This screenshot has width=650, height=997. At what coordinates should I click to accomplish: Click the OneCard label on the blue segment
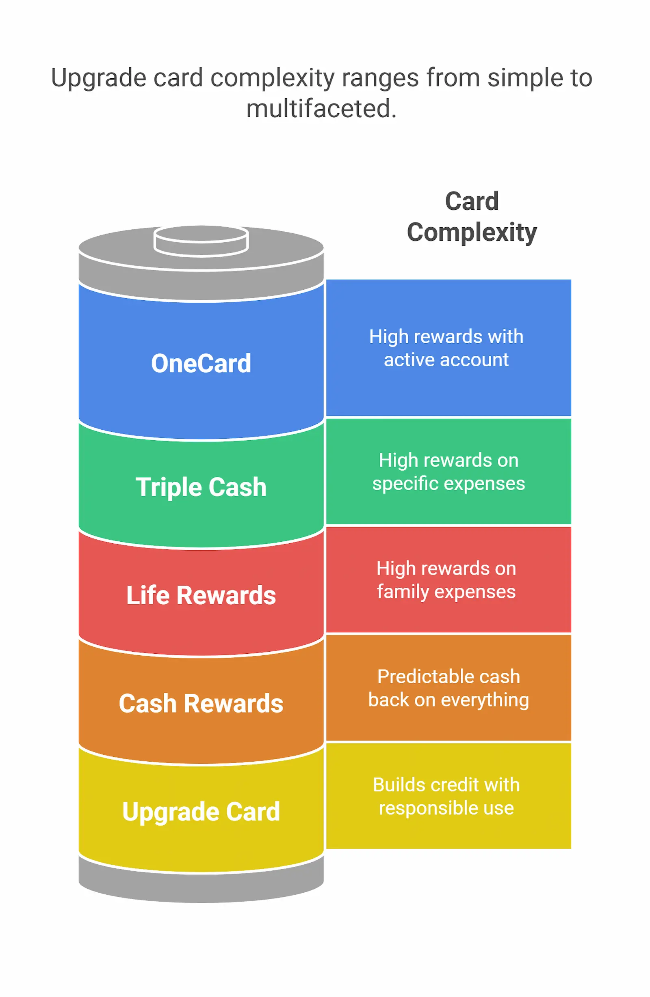pos(201,363)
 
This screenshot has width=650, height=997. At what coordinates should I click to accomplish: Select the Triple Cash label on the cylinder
pos(201,487)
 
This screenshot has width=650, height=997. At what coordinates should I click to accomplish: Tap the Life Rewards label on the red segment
pos(201,595)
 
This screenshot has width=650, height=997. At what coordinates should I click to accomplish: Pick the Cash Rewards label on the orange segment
pos(201,703)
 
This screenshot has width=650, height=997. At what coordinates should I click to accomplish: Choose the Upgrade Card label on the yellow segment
pos(201,812)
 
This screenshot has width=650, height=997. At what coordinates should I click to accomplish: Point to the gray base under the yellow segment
pos(201,886)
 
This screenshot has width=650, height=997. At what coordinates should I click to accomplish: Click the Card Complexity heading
pos(471,217)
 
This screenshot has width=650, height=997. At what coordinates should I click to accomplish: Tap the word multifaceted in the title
pos(321,108)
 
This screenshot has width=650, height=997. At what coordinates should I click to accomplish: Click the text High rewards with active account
pos(446,348)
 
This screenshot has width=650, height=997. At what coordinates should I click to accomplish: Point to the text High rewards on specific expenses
pos(448,472)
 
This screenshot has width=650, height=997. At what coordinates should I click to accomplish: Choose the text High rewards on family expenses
pos(446,580)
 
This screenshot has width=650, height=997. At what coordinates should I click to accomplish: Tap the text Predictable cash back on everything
pos(448,688)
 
